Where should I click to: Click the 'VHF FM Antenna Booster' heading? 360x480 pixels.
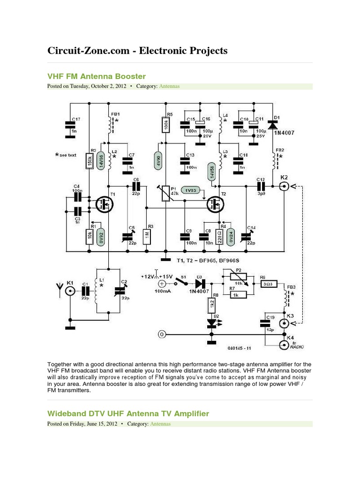tap(97, 76)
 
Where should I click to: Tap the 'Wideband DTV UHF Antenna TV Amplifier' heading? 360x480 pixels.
tap(128, 413)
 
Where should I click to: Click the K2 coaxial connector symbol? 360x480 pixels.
tap(284, 186)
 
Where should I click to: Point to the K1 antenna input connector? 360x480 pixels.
tap(70, 291)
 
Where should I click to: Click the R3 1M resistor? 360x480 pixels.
tap(147, 236)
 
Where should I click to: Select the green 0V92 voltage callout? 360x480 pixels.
tap(100, 236)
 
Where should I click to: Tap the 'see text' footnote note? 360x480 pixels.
tap(65, 154)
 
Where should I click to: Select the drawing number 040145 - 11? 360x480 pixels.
tap(240, 348)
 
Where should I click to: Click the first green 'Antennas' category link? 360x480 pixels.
tap(169, 86)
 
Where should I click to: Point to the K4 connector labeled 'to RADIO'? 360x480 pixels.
tap(284, 345)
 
